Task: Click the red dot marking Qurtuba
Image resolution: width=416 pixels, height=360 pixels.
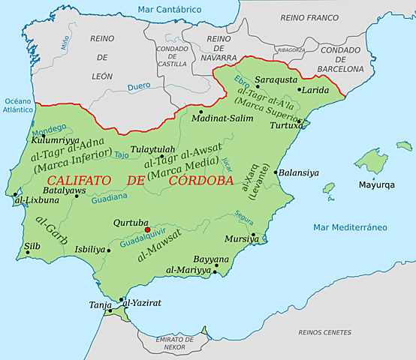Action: pyautogui.click(x=148, y=230)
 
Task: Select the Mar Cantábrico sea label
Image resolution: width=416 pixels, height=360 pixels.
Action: pyautogui.click(x=170, y=10)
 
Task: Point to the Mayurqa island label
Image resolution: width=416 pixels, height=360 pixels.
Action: pyautogui.click(x=376, y=184)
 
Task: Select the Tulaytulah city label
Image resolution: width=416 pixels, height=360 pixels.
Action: pyautogui.click(x=152, y=148)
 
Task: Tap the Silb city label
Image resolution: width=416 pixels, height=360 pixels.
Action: pyautogui.click(x=32, y=245)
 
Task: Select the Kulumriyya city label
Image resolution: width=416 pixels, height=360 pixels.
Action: pyautogui.click(x=55, y=139)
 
